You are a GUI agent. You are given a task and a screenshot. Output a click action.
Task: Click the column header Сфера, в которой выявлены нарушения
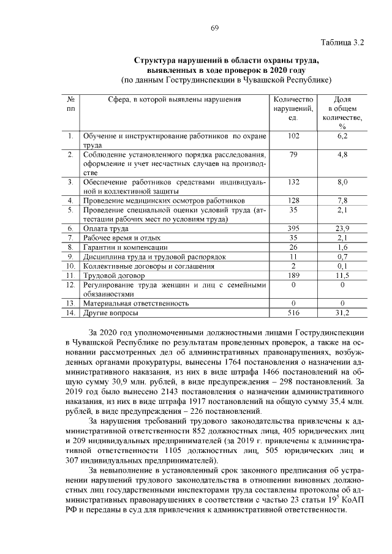click(x=175, y=99)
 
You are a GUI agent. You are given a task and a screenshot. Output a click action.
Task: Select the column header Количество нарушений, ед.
click(x=293, y=108)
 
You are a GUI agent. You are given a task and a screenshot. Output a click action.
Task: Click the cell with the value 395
click(x=293, y=228)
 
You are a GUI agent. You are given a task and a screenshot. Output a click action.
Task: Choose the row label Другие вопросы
click(x=111, y=313)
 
